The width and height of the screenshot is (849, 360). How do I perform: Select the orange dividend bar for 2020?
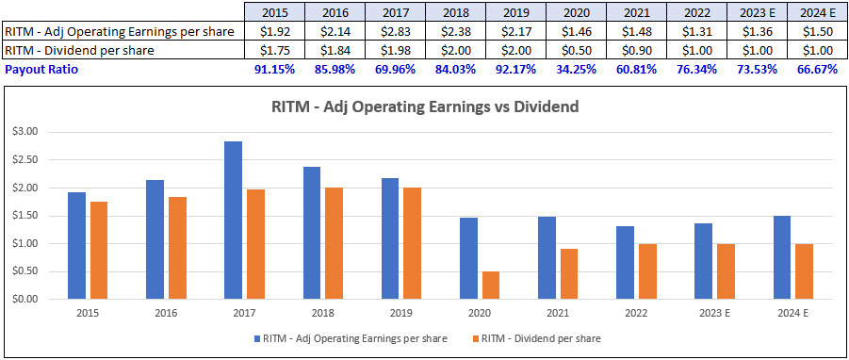click(x=492, y=286)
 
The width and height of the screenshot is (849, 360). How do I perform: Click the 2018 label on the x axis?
click(x=323, y=314)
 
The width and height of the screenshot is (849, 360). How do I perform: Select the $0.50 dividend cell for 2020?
click(x=576, y=51)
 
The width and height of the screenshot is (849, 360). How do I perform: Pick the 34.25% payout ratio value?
click(x=576, y=70)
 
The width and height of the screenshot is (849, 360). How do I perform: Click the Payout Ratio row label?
click(x=40, y=70)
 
